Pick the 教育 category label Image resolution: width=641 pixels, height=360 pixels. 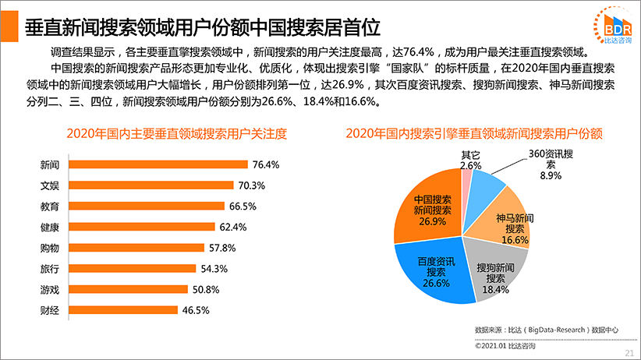point(50,206)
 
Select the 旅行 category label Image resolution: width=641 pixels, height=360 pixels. point(50,268)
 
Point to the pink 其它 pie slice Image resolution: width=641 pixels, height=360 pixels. point(466,175)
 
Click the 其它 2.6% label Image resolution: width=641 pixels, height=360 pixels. point(471,160)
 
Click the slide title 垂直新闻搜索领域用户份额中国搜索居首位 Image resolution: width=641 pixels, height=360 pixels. point(203,28)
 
